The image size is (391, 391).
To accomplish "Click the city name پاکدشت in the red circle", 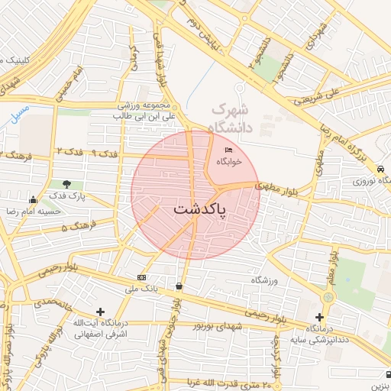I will point(199,209).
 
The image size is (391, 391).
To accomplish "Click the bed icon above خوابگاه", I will point(228,150).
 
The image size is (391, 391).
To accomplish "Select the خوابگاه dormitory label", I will point(228,162).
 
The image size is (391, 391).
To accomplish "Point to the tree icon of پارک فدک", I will point(68,184).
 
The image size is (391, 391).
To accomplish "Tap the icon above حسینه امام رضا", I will point(33,200).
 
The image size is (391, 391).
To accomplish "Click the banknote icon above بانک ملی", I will point(141,276).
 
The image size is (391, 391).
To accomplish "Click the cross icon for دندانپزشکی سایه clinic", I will point(319,317).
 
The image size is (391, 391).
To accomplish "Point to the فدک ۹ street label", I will point(105,153).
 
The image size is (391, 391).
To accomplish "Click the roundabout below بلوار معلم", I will point(328,296).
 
